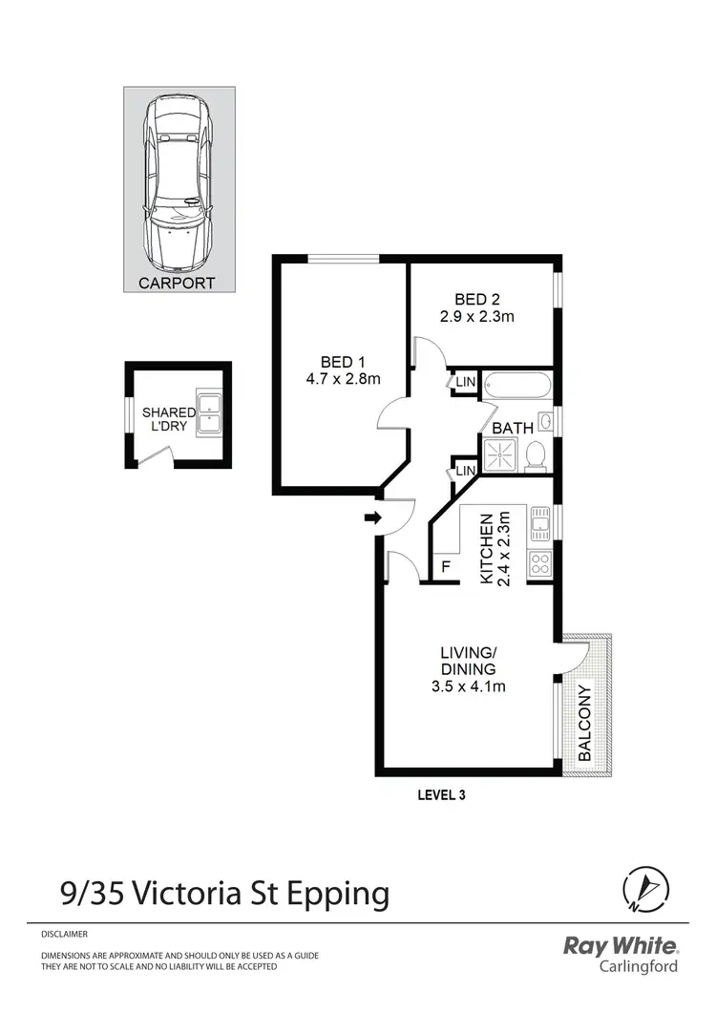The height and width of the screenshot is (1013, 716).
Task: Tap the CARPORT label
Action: pos(177,283)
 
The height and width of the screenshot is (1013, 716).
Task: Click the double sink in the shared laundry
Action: pos(209,412)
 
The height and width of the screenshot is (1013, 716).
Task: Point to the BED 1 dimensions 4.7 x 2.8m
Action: pos(344,379)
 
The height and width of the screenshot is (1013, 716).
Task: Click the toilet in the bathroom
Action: pos(536,456)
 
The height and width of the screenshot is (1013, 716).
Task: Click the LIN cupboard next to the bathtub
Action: pos(465,382)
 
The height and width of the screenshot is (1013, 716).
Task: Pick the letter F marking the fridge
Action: pos(445,567)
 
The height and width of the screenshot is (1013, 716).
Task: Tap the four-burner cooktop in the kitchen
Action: pos(539,563)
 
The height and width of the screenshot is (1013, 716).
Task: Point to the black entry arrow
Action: pos(372,518)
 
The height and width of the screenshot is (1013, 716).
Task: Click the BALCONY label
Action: pos(584,722)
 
